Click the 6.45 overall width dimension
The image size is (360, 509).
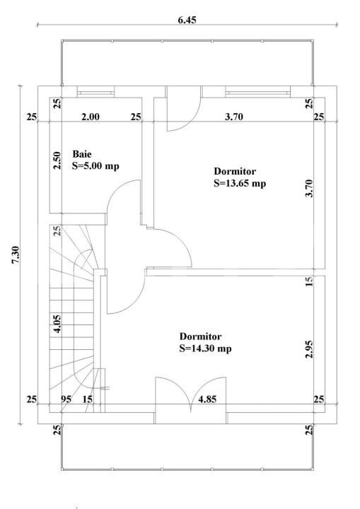(x=187, y=20)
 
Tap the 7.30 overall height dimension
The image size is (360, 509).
(x=16, y=255)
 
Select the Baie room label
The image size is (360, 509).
(x=82, y=154)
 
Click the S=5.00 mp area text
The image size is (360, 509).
(x=95, y=166)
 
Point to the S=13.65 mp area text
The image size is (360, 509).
(x=240, y=183)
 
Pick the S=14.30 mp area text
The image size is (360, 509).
(x=205, y=349)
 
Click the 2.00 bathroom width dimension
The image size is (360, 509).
(x=91, y=117)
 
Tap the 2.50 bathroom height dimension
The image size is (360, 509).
(x=57, y=160)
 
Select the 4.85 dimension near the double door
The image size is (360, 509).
(x=207, y=399)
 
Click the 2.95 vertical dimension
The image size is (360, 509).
(x=309, y=349)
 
